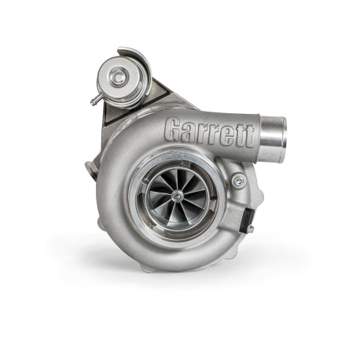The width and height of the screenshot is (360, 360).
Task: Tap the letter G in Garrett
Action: coord(176,128)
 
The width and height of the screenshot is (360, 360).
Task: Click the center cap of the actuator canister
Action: coord(118,76)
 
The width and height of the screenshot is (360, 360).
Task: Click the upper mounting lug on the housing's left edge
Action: coord(90,167)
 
